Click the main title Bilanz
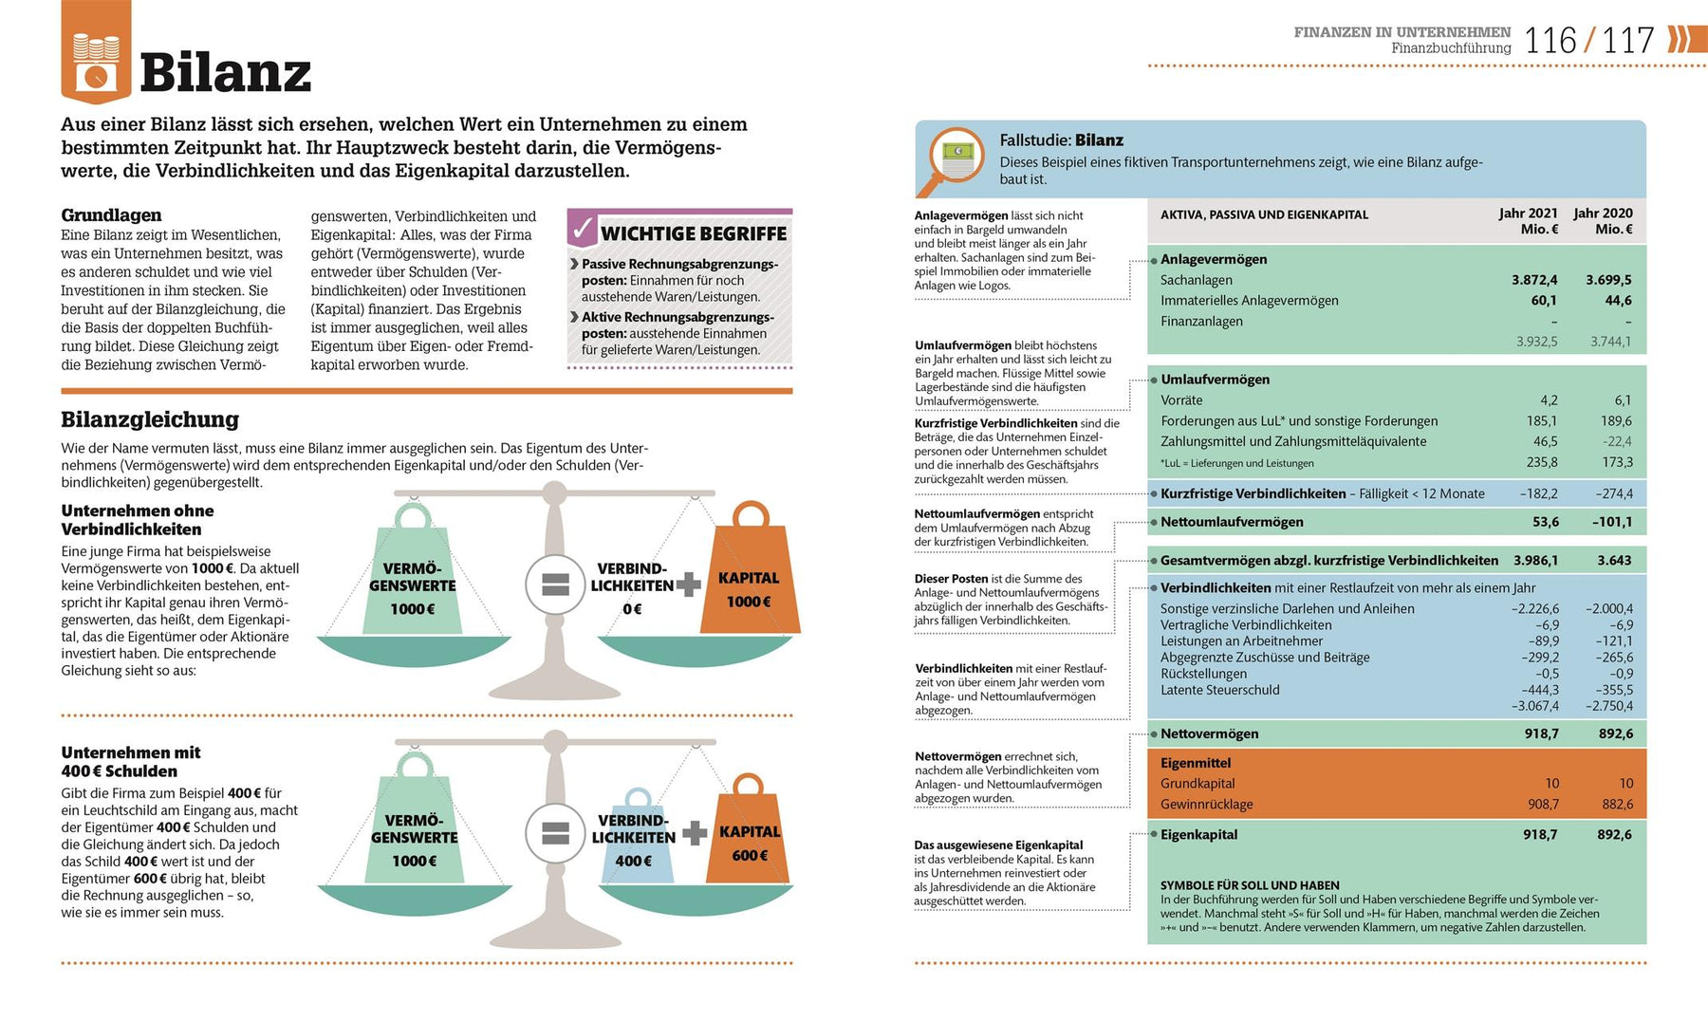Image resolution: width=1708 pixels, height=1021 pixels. [225, 72]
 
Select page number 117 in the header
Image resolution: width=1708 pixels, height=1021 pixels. [1628, 41]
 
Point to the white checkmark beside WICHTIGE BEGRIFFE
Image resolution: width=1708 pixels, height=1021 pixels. [582, 230]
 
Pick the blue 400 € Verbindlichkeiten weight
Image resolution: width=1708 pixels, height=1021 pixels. [636, 843]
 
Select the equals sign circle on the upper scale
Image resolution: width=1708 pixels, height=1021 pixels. [555, 585]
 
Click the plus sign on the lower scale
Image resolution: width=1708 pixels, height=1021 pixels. [695, 833]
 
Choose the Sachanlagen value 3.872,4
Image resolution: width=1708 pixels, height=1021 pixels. [1534, 280]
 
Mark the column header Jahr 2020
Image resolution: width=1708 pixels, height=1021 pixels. [1603, 213]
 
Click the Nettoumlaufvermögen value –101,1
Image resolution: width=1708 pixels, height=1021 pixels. [1612, 522]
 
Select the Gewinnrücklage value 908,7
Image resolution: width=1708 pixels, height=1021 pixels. [1543, 805]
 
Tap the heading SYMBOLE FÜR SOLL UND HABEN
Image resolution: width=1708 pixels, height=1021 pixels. [1250, 885]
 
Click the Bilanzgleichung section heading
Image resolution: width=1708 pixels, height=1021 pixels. [150, 419]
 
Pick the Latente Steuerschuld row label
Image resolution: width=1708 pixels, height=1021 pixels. [1219, 690]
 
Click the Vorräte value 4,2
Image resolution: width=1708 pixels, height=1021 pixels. [1549, 400]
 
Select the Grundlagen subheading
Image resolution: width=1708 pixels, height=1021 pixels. [111, 215]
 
